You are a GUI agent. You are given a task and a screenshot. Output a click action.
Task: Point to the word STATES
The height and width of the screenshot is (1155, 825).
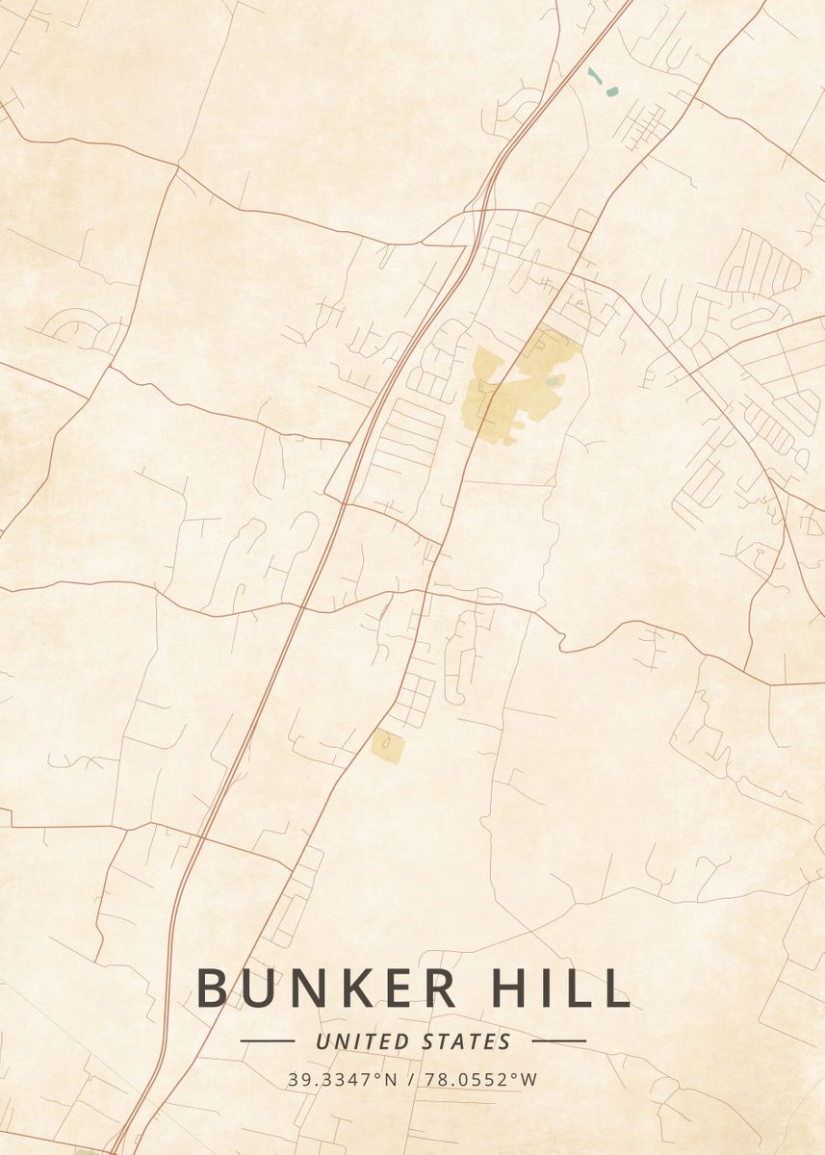467,1041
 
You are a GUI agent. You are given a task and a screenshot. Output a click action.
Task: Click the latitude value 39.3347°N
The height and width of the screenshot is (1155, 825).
342,1080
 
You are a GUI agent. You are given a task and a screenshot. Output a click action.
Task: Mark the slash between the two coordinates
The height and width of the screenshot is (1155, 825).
411,1080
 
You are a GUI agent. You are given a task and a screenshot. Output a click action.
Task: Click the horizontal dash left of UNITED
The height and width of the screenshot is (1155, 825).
267,1040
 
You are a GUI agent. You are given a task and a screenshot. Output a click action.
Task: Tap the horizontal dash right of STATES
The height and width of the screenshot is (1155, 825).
558,1040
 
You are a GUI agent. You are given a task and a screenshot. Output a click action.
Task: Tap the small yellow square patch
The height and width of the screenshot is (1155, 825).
388,747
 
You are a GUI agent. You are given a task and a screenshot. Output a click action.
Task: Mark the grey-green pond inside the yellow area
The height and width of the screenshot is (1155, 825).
552,382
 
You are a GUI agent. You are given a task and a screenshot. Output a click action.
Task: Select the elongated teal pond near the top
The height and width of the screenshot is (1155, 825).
594,74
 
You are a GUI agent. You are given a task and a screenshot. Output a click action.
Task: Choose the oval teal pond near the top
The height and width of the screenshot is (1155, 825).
611,92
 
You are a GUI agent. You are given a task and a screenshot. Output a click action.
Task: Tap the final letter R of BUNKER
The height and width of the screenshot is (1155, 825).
442,988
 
